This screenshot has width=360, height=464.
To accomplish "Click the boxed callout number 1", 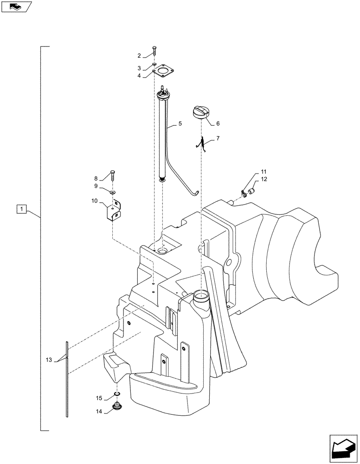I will [x=20, y=210].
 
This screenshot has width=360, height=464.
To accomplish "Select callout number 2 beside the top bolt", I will [x=139, y=56].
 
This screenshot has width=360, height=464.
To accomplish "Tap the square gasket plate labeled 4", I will [x=162, y=72].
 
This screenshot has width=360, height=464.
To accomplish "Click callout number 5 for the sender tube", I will [x=180, y=125].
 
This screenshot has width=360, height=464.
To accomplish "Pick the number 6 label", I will [x=218, y=124].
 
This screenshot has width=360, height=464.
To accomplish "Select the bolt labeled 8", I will [x=113, y=176].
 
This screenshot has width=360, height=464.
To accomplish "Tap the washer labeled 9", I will [x=113, y=191].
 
